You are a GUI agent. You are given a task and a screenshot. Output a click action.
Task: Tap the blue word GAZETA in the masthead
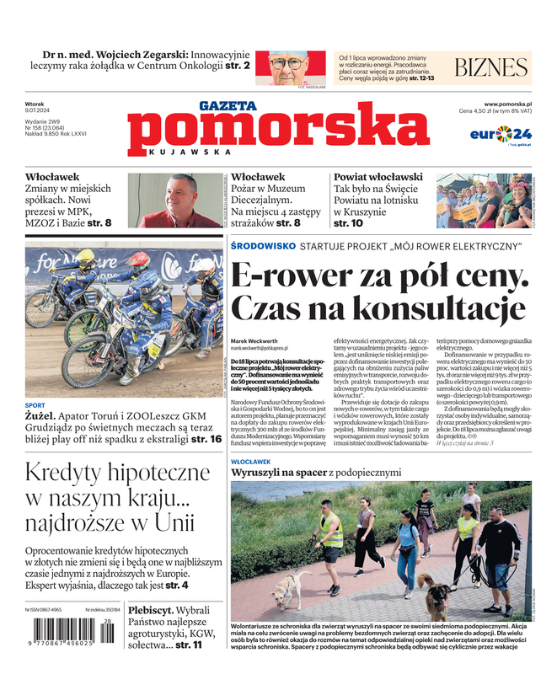(228, 106)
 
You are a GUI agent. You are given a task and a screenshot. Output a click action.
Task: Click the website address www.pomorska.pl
(513, 104)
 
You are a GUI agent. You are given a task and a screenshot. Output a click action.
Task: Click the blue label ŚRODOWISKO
(263, 245)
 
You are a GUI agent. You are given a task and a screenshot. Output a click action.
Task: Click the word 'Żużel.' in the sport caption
(40, 415)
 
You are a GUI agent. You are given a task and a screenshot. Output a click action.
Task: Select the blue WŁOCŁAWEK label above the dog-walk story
(250, 462)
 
